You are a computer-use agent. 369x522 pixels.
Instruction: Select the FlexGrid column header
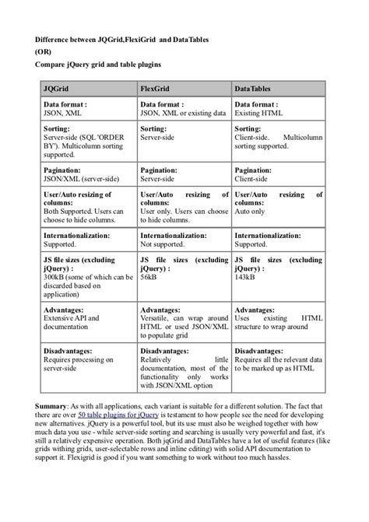(x=156, y=89)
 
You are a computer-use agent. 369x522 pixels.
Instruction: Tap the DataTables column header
(x=255, y=89)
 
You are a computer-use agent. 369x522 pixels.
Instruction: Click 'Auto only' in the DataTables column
(x=250, y=211)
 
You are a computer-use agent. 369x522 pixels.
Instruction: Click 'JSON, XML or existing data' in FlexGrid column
(x=188, y=113)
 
